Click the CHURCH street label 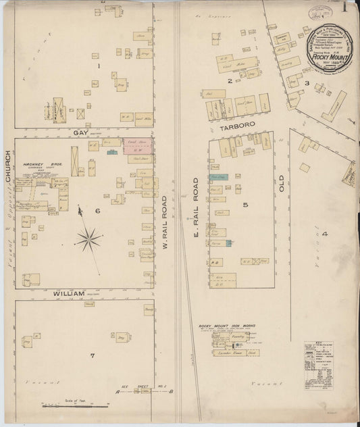[x=9, y=166]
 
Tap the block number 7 [x=99, y=354]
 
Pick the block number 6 [x=97, y=211]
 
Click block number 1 [x=98, y=66]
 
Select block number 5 [x=246, y=204]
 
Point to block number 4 [x=324, y=234]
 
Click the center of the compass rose [x=89, y=238]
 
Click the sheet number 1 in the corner [x=345, y=9]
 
